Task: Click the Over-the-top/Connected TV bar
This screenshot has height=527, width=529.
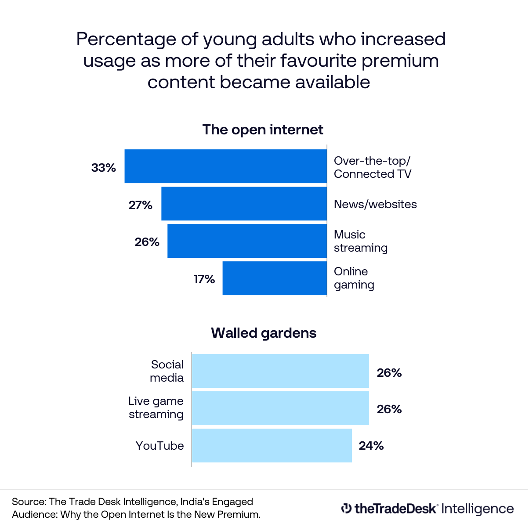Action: coord(225,166)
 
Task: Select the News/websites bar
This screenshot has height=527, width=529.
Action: coord(244,204)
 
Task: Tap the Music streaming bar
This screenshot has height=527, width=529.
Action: coord(247,241)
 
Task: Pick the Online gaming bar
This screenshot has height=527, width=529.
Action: coord(275,278)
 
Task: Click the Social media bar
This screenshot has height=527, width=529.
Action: coord(280,371)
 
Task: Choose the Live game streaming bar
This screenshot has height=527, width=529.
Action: coord(280,408)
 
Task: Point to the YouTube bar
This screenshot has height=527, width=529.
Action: coord(272,445)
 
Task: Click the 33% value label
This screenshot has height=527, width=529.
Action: coord(104,168)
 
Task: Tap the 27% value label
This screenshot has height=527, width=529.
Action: coord(141,205)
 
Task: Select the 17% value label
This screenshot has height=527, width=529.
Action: coord(204,279)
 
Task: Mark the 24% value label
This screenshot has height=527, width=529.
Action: coord(371,446)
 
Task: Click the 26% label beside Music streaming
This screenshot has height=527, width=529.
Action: coord(147,242)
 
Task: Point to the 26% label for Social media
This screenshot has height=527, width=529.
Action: coord(389,373)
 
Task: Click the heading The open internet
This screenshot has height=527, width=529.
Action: coord(263,130)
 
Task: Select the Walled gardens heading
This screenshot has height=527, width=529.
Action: coord(264,333)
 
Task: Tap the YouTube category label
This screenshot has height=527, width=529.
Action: coord(159,446)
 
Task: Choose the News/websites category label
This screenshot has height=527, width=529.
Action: coord(375,204)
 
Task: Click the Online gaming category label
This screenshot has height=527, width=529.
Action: coord(354,278)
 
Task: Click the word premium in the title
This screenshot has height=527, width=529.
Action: coord(400,61)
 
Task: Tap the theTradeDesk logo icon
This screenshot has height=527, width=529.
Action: coord(346,508)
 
